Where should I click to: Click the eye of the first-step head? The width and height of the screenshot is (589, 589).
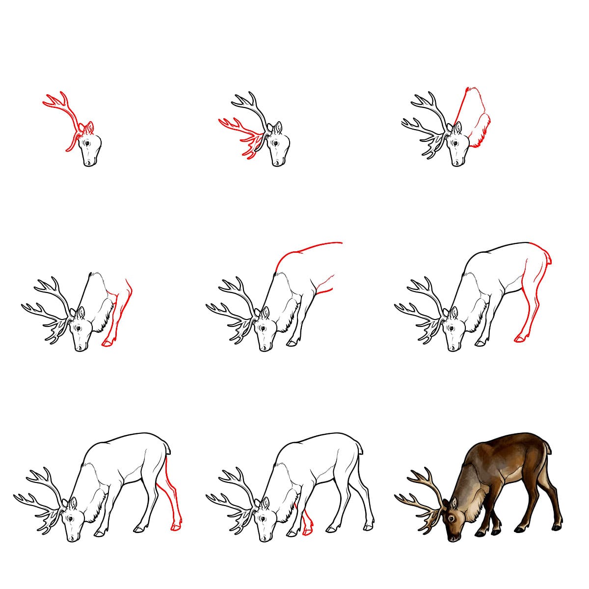(87, 143)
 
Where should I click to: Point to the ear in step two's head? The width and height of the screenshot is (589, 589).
(278, 129)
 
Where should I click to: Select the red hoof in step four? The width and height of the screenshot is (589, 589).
(107, 344)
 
